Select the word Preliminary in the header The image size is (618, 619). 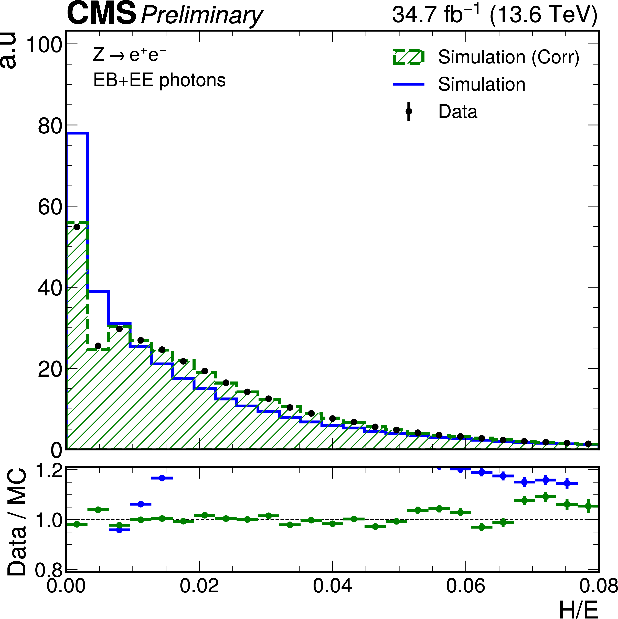click(x=202, y=15)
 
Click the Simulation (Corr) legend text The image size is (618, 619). click(x=508, y=57)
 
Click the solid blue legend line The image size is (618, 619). click(x=409, y=84)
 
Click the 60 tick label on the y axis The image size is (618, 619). click(x=50, y=207)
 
